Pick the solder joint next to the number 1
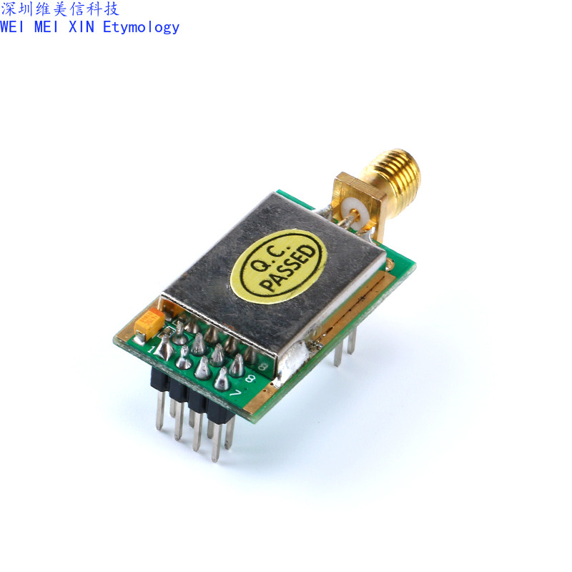[164, 348]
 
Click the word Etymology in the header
[141, 27]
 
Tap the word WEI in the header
[14, 27]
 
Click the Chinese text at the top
[60, 9]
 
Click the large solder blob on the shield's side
[292, 357]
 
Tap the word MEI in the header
[48, 27]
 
